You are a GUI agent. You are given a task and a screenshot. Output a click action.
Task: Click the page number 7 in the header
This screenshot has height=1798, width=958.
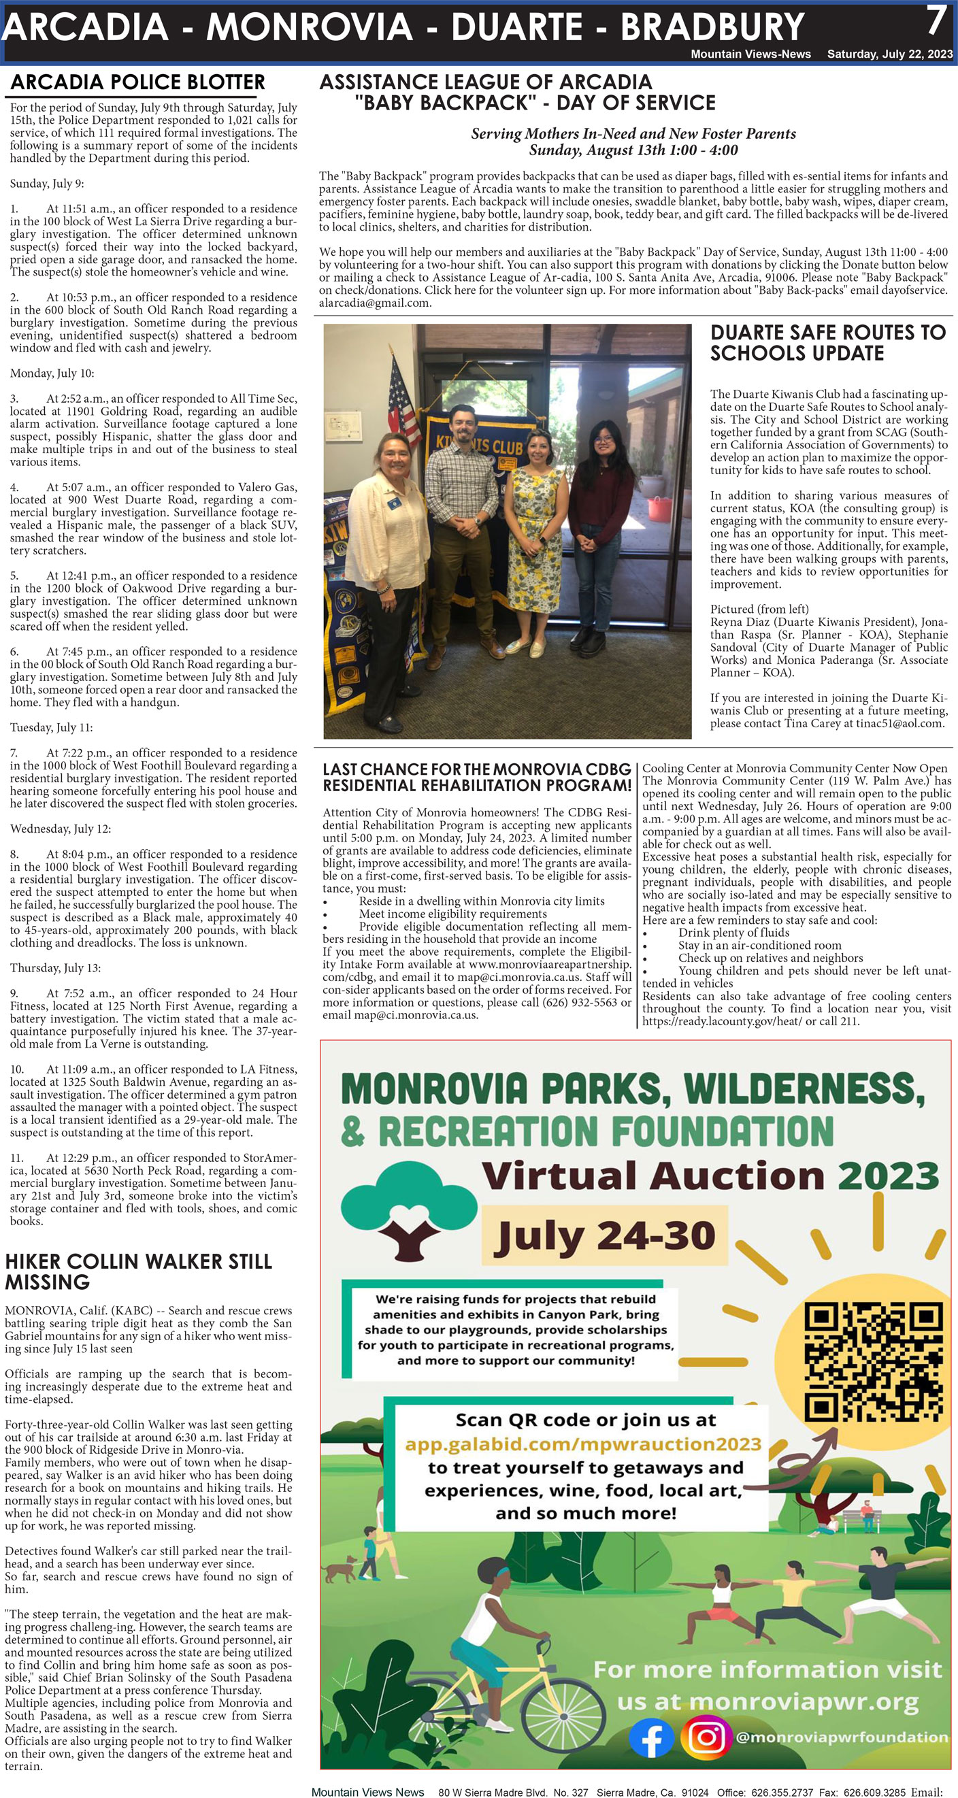[936, 21]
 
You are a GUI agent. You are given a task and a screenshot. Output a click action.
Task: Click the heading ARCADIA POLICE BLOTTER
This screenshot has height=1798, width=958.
[137, 82]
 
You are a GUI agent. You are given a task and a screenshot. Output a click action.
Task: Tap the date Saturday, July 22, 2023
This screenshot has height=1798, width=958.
[889, 54]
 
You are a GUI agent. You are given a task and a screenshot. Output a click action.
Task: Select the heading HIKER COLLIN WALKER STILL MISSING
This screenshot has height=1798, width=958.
[138, 1271]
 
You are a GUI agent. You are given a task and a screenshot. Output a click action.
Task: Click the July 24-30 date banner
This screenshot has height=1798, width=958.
[605, 1235]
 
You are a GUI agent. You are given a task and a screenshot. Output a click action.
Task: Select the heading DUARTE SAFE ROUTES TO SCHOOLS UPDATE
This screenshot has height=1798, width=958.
[827, 342]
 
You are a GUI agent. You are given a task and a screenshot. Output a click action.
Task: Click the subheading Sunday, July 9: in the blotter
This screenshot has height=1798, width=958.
[47, 184]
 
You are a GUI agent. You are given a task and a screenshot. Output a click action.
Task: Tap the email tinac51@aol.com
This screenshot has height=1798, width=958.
[900, 723]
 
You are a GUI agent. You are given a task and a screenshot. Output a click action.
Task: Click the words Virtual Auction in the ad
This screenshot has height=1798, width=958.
[654, 1176]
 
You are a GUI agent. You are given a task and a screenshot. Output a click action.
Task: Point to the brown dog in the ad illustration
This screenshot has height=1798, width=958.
[343, 1571]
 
